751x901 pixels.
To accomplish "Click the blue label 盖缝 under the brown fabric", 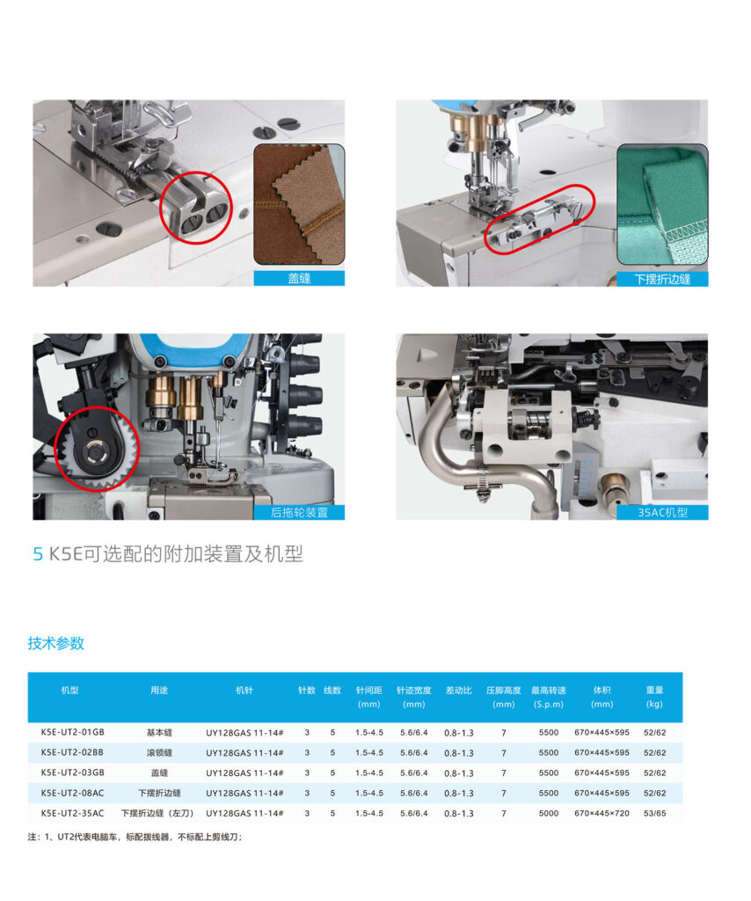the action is click(x=299, y=279).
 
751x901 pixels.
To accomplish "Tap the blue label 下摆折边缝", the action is click(x=662, y=279).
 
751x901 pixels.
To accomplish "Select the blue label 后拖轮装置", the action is click(x=299, y=513).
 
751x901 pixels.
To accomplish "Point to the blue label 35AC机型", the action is click(x=662, y=513).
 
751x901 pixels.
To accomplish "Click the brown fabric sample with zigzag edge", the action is click(x=299, y=204).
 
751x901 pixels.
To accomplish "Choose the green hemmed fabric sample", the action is click(x=662, y=204).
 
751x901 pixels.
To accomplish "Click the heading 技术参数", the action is click(x=55, y=643).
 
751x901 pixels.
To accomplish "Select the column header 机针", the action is click(x=244, y=690).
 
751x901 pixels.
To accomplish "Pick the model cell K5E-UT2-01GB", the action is click(x=73, y=732).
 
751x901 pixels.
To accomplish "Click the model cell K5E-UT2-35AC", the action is click(x=73, y=813).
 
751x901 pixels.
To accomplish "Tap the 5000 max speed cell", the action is click(x=549, y=813).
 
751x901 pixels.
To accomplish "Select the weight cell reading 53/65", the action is click(x=654, y=813).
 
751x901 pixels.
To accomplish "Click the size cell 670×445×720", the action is click(x=602, y=813).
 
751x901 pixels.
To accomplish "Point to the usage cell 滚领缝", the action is click(x=159, y=753).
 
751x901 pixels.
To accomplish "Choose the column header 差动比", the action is click(x=459, y=690).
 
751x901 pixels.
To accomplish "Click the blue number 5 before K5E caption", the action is click(x=38, y=554).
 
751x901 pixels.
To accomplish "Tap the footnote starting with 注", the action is click(x=135, y=837).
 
